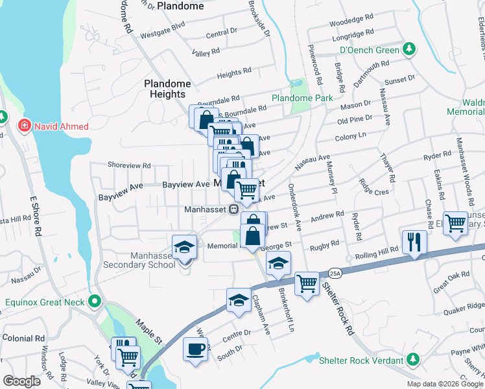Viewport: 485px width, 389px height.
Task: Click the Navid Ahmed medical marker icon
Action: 24,126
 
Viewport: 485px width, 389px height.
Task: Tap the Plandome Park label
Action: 302,98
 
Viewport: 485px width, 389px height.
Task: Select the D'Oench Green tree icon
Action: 409,49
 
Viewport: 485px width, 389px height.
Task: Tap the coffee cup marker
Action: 196,349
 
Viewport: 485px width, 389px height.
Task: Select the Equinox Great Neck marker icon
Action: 95,301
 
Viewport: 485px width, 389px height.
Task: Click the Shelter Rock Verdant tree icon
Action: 412,359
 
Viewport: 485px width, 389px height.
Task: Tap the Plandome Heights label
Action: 167,89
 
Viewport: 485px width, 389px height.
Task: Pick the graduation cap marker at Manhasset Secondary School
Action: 184,247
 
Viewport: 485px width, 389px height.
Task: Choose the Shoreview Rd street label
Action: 129,165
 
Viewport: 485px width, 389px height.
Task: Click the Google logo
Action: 21,381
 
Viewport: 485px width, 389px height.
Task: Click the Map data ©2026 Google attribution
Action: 445,384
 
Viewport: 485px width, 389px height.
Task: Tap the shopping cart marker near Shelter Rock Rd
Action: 307,283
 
